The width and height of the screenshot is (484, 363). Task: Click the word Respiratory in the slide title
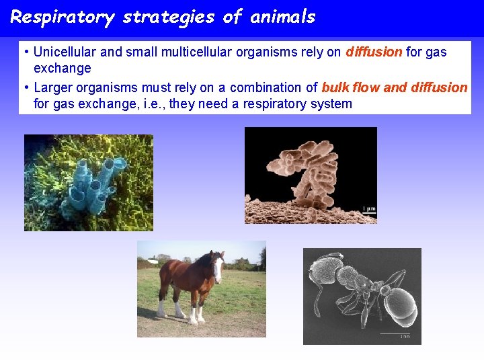coord(62,17)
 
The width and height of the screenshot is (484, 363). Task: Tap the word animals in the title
coord(282,17)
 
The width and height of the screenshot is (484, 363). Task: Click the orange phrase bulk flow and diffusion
coord(395,87)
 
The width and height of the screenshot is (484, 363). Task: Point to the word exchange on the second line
coord(62,68)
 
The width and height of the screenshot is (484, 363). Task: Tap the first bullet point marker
coord(25,52)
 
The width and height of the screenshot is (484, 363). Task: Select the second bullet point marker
coord(25,87)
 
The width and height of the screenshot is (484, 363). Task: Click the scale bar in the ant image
coord(395,333)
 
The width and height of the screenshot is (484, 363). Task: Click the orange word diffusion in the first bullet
coord(374,52)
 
